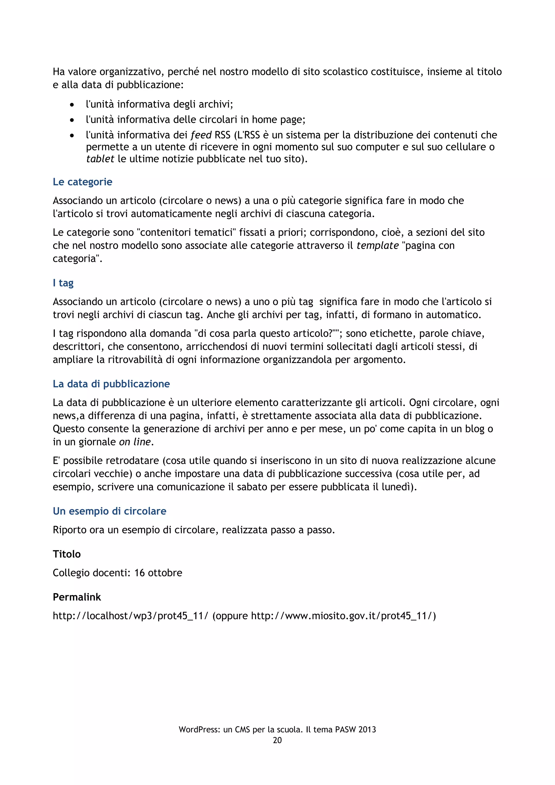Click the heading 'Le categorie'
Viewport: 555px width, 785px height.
click(82, 182)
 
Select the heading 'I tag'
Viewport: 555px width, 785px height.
click(63, 283)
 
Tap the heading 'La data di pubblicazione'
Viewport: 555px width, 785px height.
click(111, 384)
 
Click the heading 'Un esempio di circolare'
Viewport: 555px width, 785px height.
click(109, 511)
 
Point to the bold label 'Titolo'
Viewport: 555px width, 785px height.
click(67, 554)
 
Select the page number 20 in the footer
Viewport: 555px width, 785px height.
click(277, 740)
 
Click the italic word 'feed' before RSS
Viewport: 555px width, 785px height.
click(201, 135)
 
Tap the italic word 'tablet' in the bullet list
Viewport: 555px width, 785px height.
click(100, 159)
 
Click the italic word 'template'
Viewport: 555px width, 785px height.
click(377, 246)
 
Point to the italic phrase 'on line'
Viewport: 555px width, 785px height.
click(135, 442)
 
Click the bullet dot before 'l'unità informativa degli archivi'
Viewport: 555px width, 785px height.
click(72, 105)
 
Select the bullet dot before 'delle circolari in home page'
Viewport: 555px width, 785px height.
click(72, 120)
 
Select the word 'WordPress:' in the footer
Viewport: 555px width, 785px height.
click(199, 730)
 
